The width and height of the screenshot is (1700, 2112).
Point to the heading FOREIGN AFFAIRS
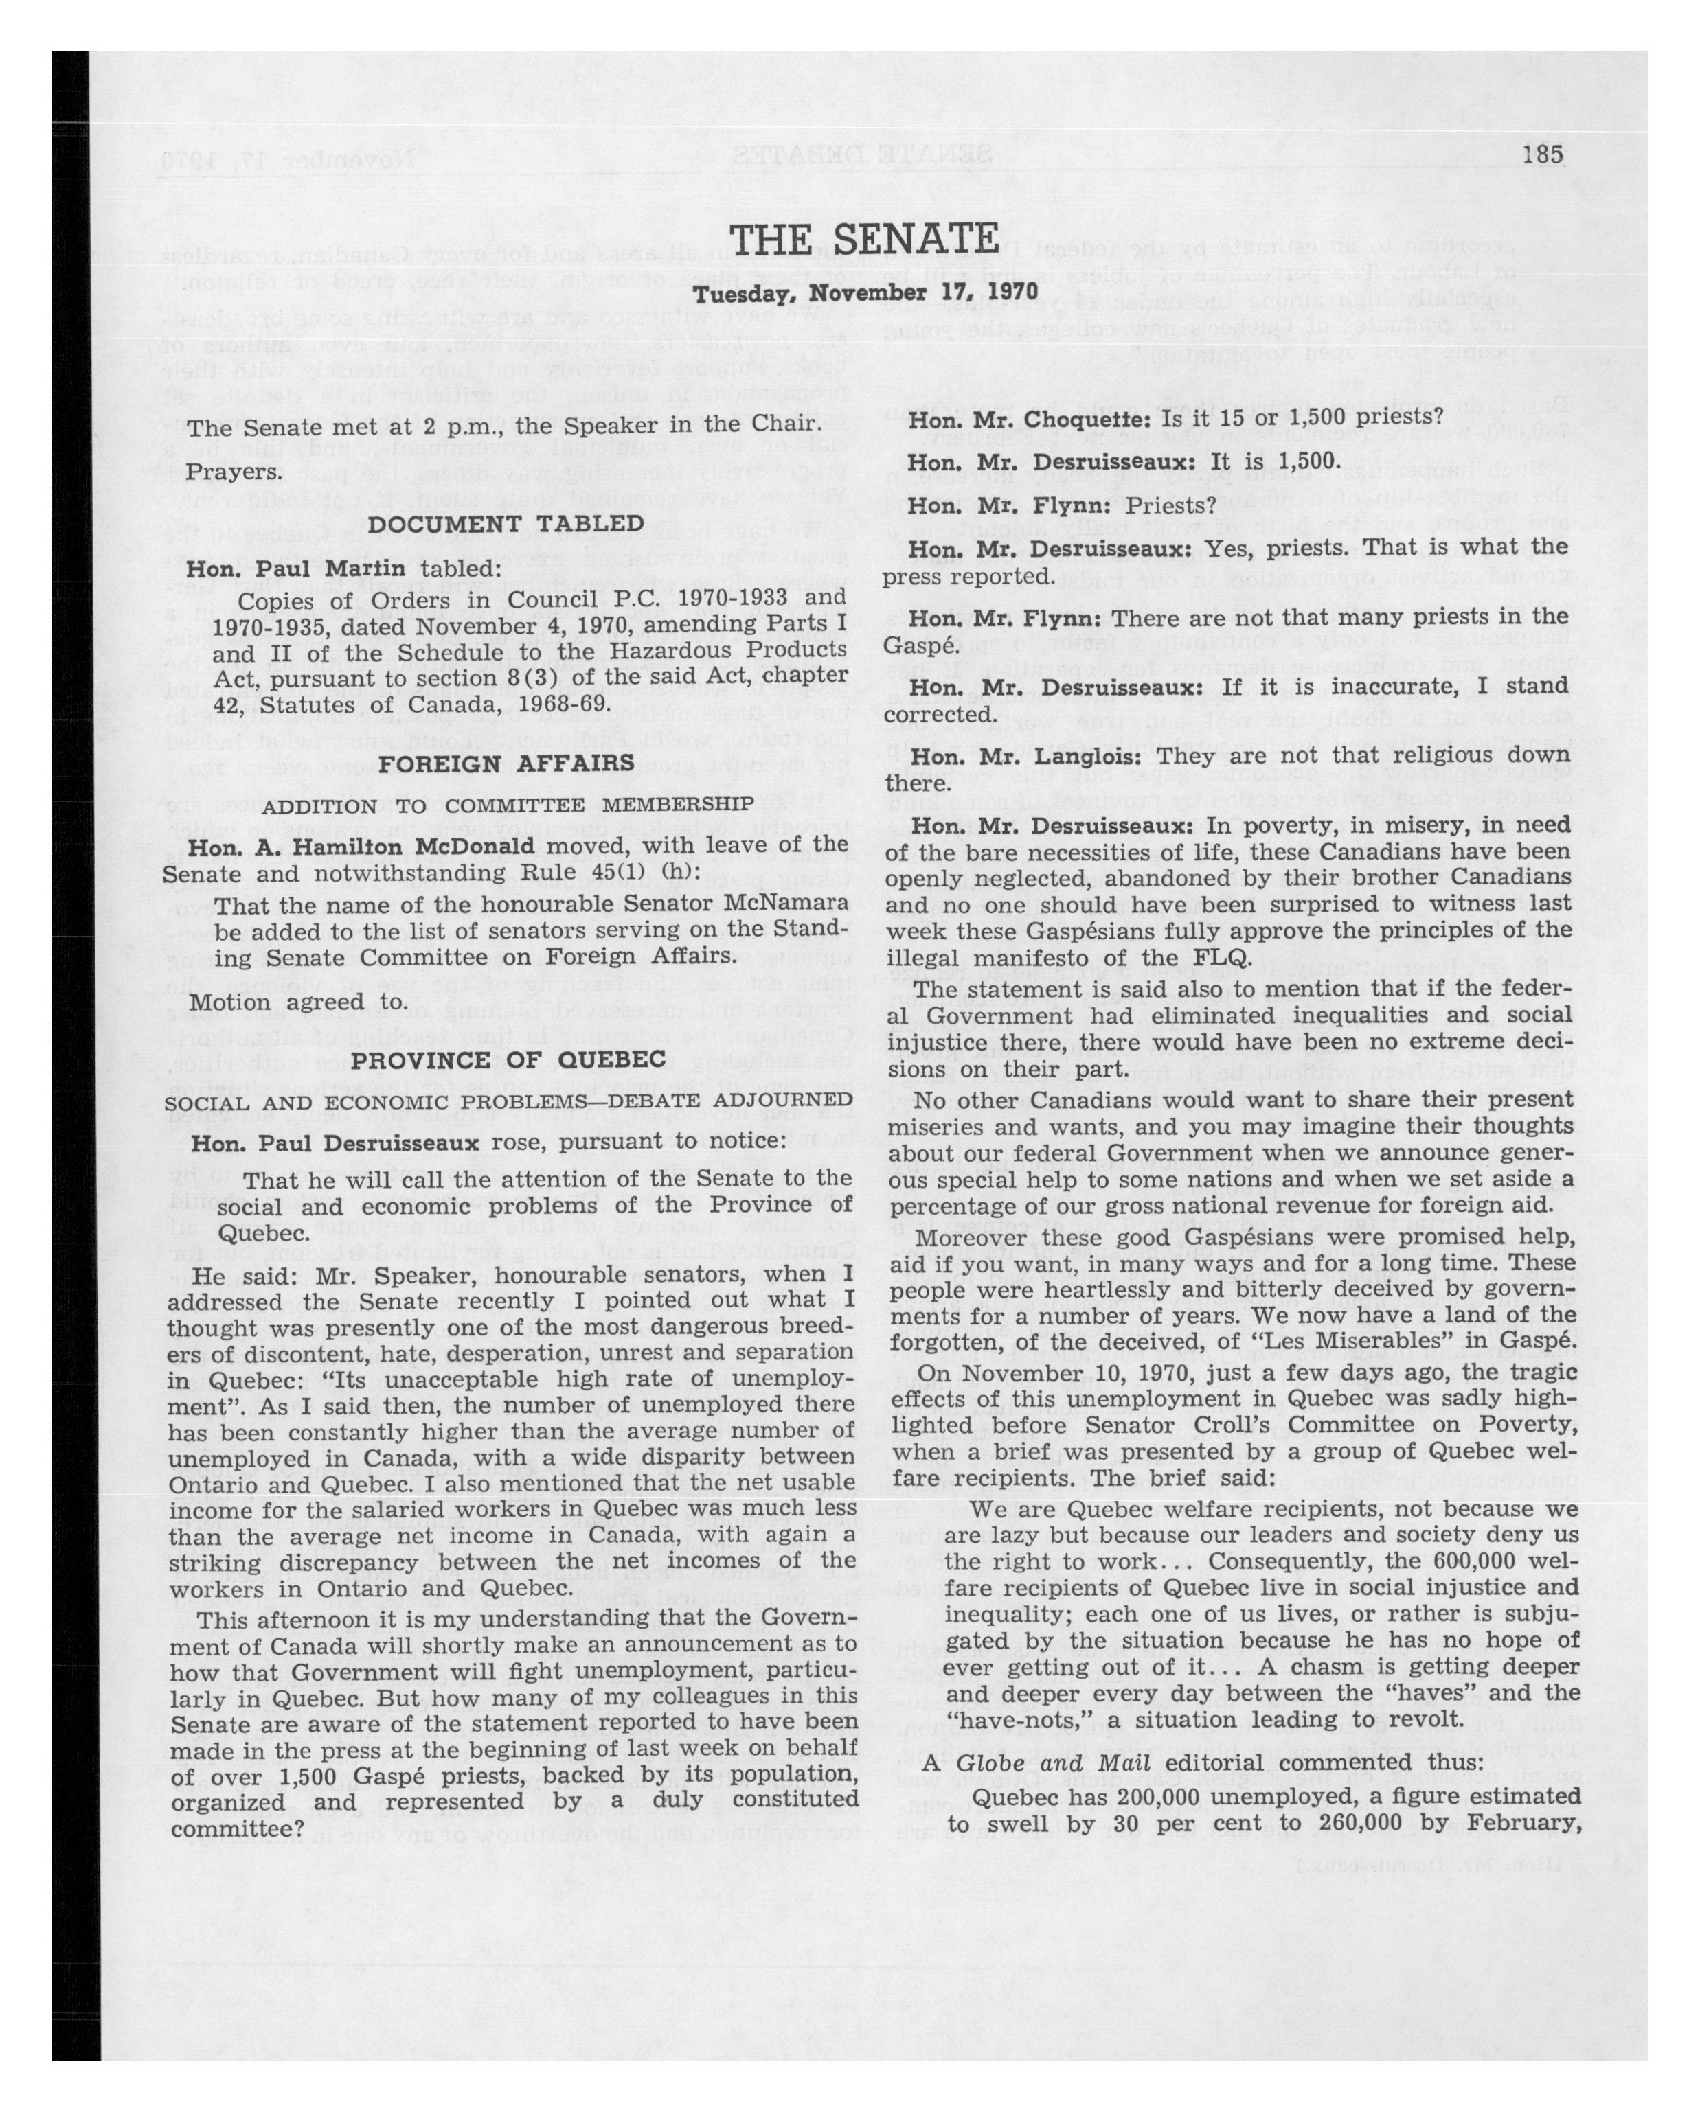coord(507,762)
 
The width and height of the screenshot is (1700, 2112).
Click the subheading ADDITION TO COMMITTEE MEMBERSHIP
coord(507,805)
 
